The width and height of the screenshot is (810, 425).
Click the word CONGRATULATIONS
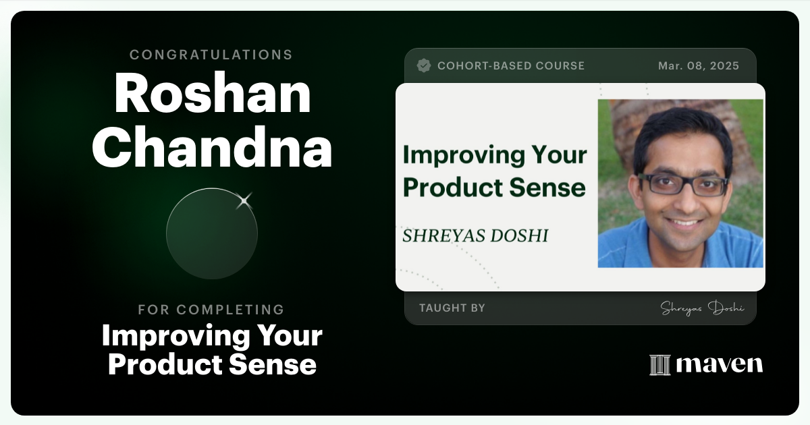211,55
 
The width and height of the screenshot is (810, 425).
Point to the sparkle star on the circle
244,200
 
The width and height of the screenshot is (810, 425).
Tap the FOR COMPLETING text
211,310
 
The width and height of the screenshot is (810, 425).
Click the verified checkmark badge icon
424,65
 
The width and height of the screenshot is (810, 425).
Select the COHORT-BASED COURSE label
511,65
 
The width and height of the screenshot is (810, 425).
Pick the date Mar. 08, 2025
699,65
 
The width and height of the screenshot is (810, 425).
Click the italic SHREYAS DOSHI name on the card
475,236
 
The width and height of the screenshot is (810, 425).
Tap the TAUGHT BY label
452,308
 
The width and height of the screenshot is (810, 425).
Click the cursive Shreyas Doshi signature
702,308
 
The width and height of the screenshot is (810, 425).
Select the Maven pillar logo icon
659,365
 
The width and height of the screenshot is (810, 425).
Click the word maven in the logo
720,365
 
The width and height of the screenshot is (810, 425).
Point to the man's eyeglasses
683,184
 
